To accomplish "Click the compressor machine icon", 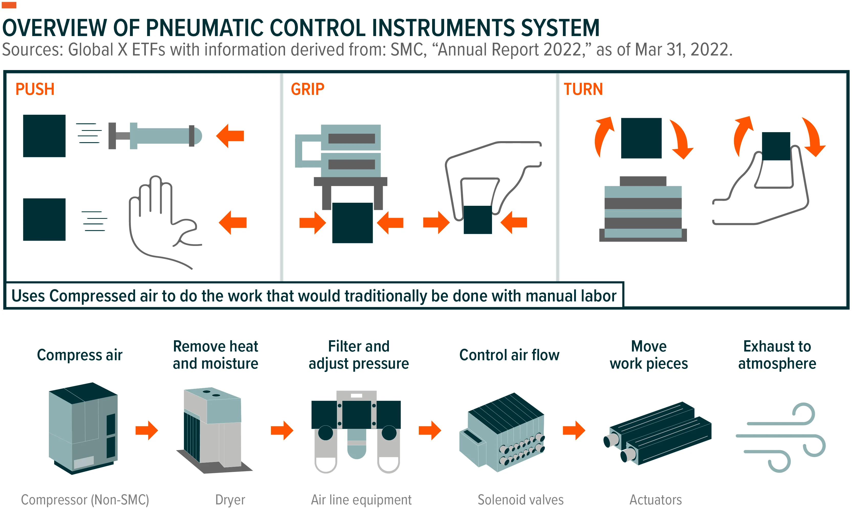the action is click(x=83, y=428).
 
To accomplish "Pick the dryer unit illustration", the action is click(x=214, y=430).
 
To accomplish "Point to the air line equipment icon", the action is click(x=356, y=431).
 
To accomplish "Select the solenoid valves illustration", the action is click(x=502, y=432).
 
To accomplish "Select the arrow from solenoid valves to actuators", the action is click(x=574, y=430).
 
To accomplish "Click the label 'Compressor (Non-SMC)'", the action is click(x=85, y=500).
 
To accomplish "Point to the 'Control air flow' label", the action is click(x=509, y=355).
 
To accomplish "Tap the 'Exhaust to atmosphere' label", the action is click(x=777, y=355).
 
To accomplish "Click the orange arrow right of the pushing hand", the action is click(x=233, y=222).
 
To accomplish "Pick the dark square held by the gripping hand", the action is click(x=478, y=220).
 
